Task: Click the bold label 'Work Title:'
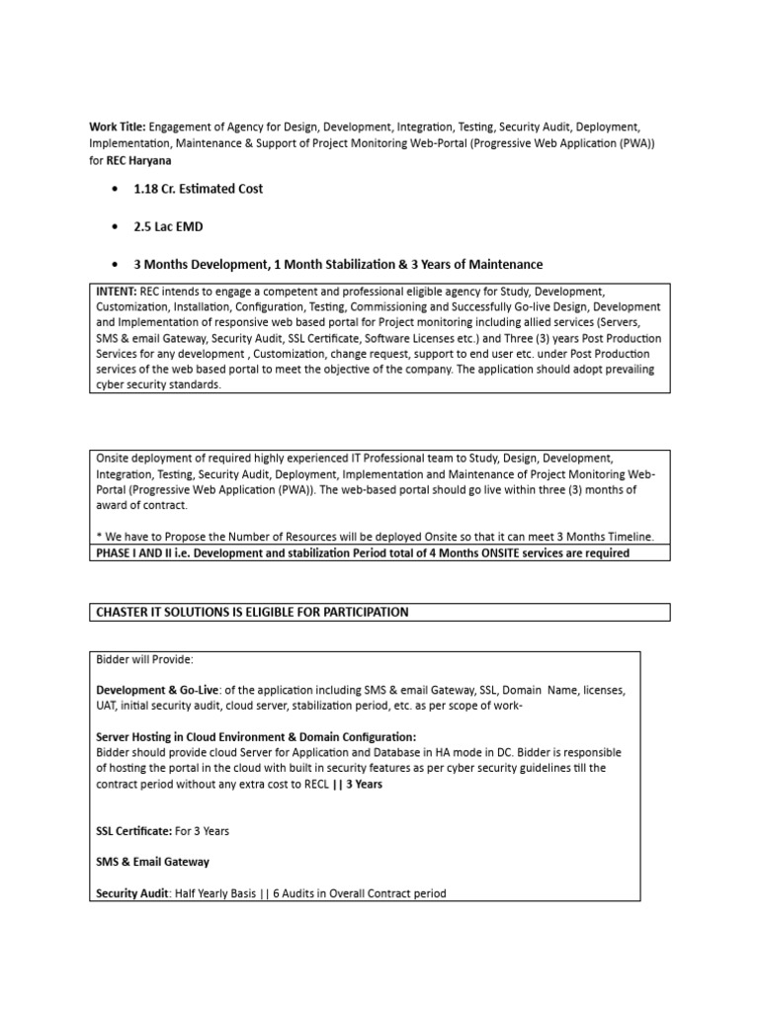tap(118, 127)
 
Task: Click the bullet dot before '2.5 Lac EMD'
tap(117, 227)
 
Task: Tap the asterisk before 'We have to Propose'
tap(98, 537)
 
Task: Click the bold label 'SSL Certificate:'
tap(134, 831)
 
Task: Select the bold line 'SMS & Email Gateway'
tap(152, 862)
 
